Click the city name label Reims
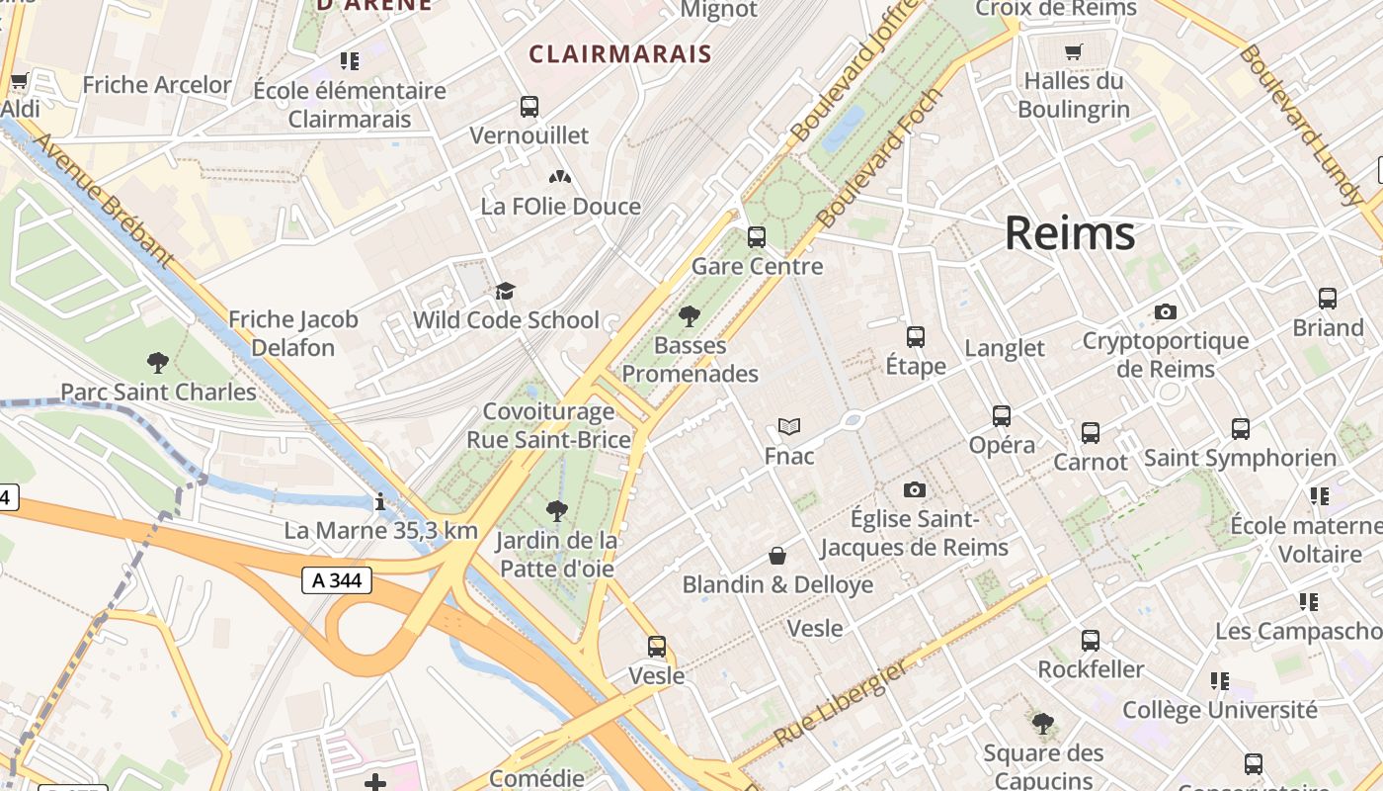[x=1070, y=233]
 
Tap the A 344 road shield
[x=337, y=580]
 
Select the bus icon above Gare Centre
[x=757, y=237]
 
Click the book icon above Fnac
[x=788, y=427]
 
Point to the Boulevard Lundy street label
[x=1301, y=123]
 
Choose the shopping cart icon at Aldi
[x=19, y=80]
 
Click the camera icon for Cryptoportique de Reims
[x=1166, y=312]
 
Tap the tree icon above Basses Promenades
[x=690, y=316]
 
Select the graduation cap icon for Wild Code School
[x=506, y=291]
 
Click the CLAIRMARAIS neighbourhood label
[x=620, y=54]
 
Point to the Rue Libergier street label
[x=841, y=703]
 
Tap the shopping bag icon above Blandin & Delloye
[x=777, y=556]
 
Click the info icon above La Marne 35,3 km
[x=380, y=502]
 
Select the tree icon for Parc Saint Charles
[x=157, y=363]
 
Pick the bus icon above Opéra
[x=1002, y=416]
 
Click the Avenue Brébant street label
[x=103, y=199]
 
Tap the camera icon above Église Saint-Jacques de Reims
[x=915, y=490]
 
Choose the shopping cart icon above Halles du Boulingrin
[x=1074, y=51]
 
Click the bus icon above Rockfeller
[x=1091, y=641]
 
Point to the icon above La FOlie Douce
[x=560, y=177]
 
